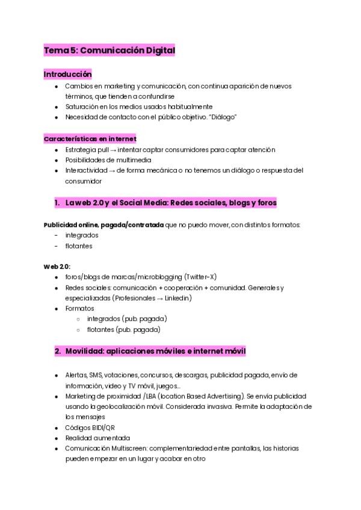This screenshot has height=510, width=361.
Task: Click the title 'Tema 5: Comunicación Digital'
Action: [109, 51]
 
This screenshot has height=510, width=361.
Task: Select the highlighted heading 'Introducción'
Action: [67, 74]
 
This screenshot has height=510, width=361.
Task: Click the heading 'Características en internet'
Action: [90, 138]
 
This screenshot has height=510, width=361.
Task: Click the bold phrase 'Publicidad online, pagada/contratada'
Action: [103, 224]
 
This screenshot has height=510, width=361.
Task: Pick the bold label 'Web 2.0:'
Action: [57, 266]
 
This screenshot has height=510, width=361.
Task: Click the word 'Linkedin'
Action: [177, 298]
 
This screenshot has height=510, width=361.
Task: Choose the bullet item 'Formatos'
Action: [79, 309]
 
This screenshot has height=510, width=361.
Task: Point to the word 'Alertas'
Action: [76, 375]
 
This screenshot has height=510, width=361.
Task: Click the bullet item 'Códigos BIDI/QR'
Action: [90, 428]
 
